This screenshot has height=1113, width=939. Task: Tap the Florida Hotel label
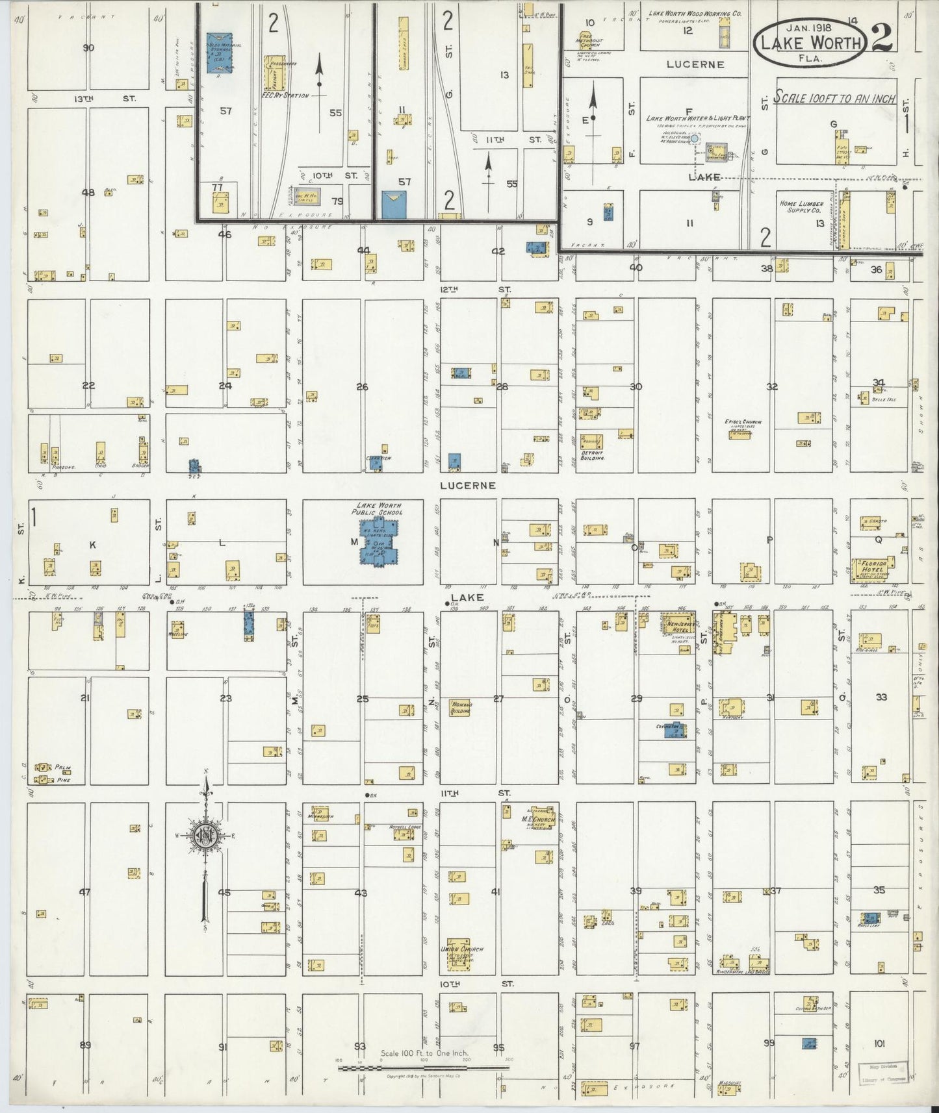pos(871,568)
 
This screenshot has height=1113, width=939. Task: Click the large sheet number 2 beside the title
pos(882,40)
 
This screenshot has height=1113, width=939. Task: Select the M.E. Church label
pos(539,820)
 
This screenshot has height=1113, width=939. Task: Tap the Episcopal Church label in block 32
pos(743,422)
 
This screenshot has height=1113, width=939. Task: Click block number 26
pos(362,387)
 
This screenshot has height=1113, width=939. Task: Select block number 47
pos(84,892)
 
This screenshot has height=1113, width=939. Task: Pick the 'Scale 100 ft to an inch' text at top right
pos(835,99)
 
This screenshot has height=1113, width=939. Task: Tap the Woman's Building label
pos(461,707)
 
